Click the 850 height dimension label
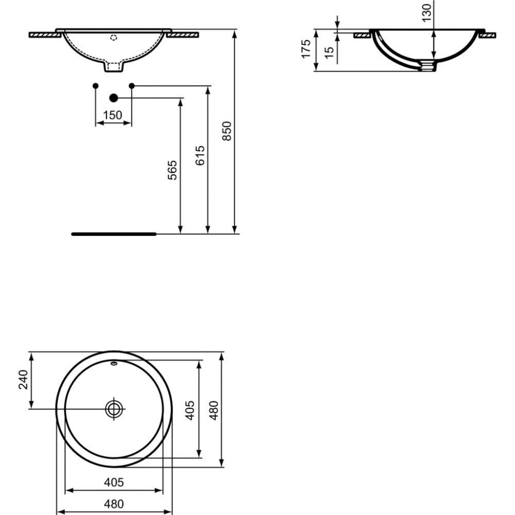227,131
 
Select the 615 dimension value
200,156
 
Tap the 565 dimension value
172,170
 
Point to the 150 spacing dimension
112,115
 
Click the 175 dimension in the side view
306,49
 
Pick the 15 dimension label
329,53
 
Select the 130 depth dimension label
426,13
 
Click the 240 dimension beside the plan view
23,380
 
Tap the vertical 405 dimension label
190,410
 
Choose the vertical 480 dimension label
214,410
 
